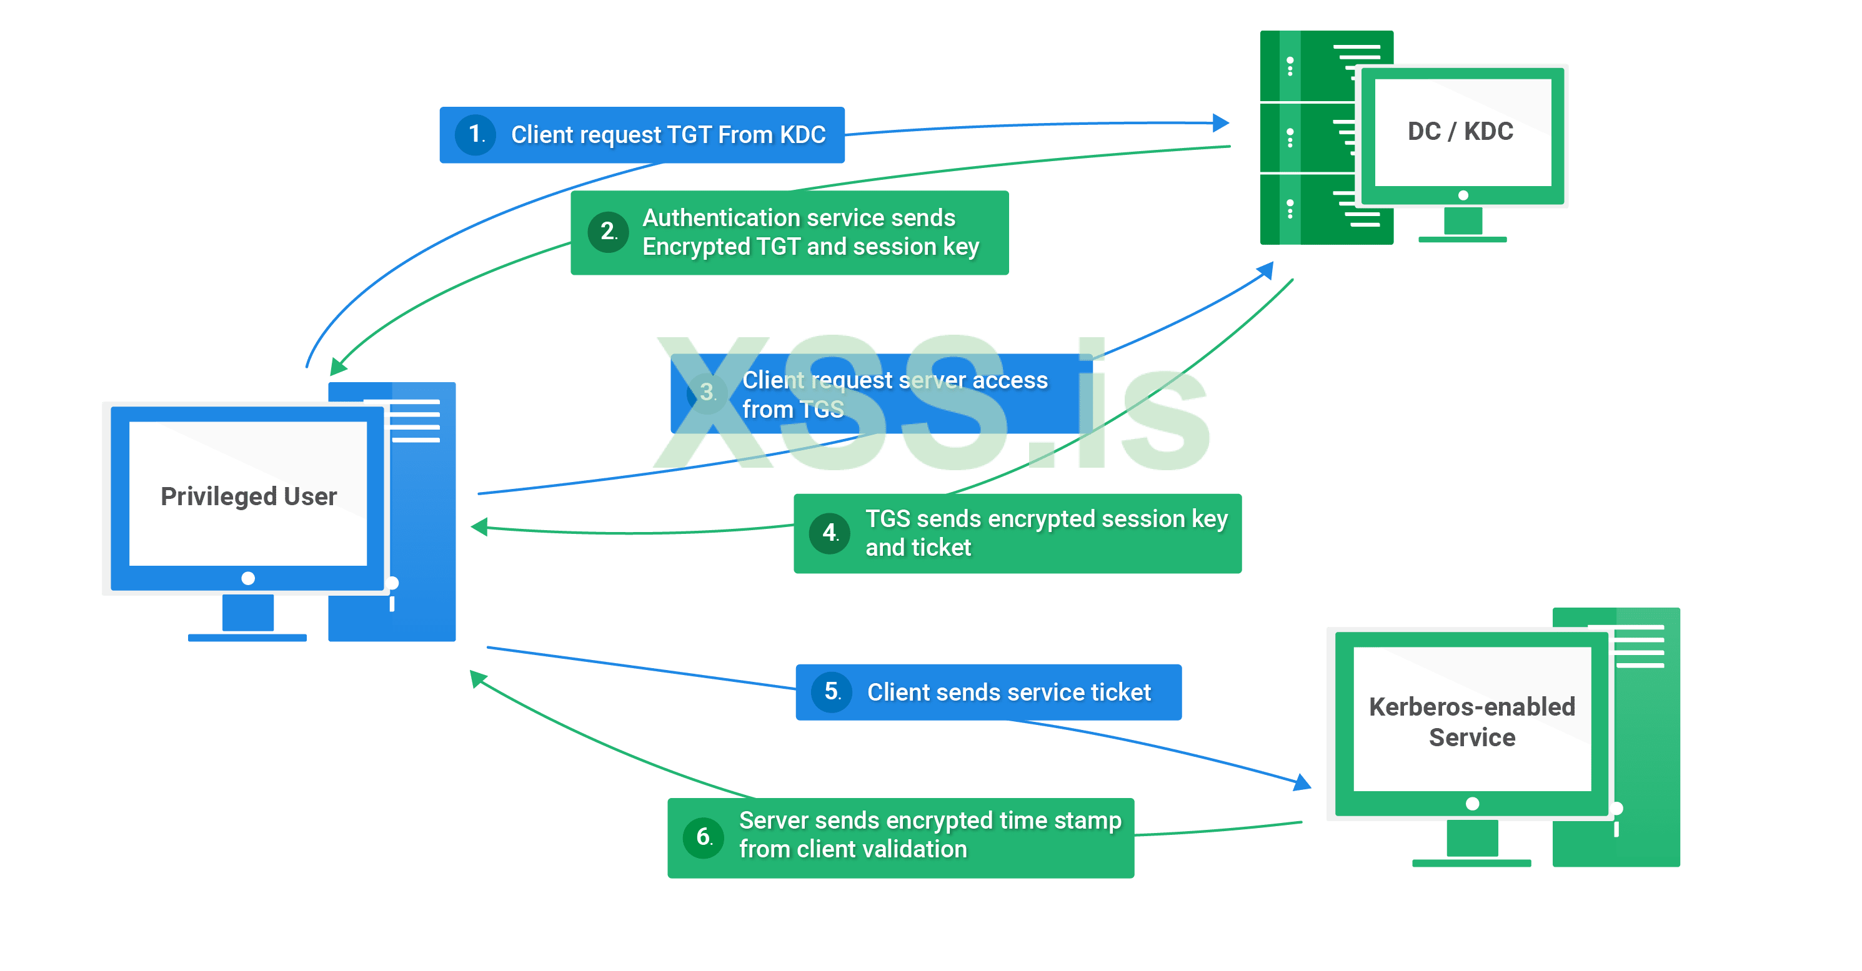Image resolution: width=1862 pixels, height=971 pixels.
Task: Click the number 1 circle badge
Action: click(475, 134)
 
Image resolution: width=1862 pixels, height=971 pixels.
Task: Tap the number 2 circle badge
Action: click(608, 232)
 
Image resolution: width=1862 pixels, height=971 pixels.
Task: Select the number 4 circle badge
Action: click(830, 533)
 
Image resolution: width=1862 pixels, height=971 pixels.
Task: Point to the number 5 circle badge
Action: click(832, 691)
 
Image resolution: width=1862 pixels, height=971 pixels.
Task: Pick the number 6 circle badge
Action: click(704, 837)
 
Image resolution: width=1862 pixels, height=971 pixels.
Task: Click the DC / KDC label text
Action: click(1460, 132)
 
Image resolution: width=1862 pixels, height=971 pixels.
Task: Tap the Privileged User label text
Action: click(249, 496)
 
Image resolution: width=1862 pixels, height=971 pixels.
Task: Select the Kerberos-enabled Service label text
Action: click(1471, 722)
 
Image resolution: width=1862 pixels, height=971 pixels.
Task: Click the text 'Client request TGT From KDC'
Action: click(668, 135)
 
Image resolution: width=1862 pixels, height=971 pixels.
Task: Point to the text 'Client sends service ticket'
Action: click(1008, 692)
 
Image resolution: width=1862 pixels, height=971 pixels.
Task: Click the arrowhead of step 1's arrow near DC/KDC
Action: click(1221, 122)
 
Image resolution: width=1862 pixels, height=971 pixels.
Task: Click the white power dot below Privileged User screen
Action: click(248, 578)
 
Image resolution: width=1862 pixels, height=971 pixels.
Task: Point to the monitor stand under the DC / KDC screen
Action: click(1462, 224)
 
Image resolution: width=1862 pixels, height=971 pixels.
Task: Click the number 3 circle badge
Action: click(707, 393)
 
